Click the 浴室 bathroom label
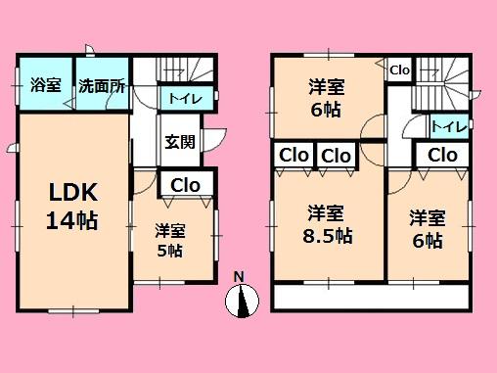tap(45, 85)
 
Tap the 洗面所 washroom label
tap(101, 85)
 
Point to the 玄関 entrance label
tap(179, 142)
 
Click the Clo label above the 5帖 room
tap(186, 184)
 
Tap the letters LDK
tap(71, 189)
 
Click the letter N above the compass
tap(238, 277)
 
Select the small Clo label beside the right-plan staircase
tap(399, 70)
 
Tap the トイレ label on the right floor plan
tap(448, 126)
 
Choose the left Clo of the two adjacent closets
tap(294, 156)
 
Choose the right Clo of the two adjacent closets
tap(336, 156)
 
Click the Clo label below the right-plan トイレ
tap(441, 155)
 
